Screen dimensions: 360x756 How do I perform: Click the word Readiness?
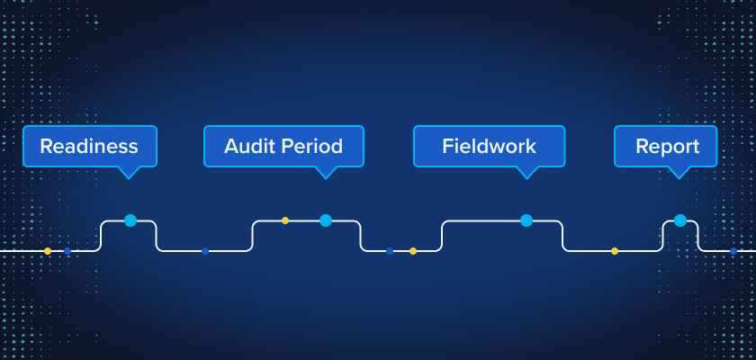tap(89, 146)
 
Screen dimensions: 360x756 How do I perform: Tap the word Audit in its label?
tap(248, 146)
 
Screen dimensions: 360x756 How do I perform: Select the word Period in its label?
tap(310, 146)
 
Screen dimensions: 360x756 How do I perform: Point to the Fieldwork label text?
tap(489, 146)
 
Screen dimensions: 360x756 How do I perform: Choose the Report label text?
tap(667, 146)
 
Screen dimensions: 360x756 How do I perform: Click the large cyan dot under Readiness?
tap(130, 220)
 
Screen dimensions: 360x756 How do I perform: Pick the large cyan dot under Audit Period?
tap(326, 220)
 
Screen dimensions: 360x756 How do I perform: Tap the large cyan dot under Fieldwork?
tap(526, 220)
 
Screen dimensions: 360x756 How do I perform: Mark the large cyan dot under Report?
tap(680, 220)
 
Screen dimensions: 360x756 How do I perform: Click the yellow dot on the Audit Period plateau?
tap(285, 220)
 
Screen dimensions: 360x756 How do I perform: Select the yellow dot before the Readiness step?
tap(48, 251)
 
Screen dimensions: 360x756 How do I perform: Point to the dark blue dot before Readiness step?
tap(67, 251)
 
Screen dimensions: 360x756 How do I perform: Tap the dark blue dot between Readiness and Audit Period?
tap(205, 251)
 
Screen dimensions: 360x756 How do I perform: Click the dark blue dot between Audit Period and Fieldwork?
tap(390, 251)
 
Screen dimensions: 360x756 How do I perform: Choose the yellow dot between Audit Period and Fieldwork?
tap(413, 251)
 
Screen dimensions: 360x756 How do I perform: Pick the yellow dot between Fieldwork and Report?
tap(615, 251)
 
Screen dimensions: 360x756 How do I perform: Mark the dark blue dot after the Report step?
tap(733, 251)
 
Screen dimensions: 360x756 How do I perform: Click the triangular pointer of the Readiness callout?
tap(130, 172)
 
